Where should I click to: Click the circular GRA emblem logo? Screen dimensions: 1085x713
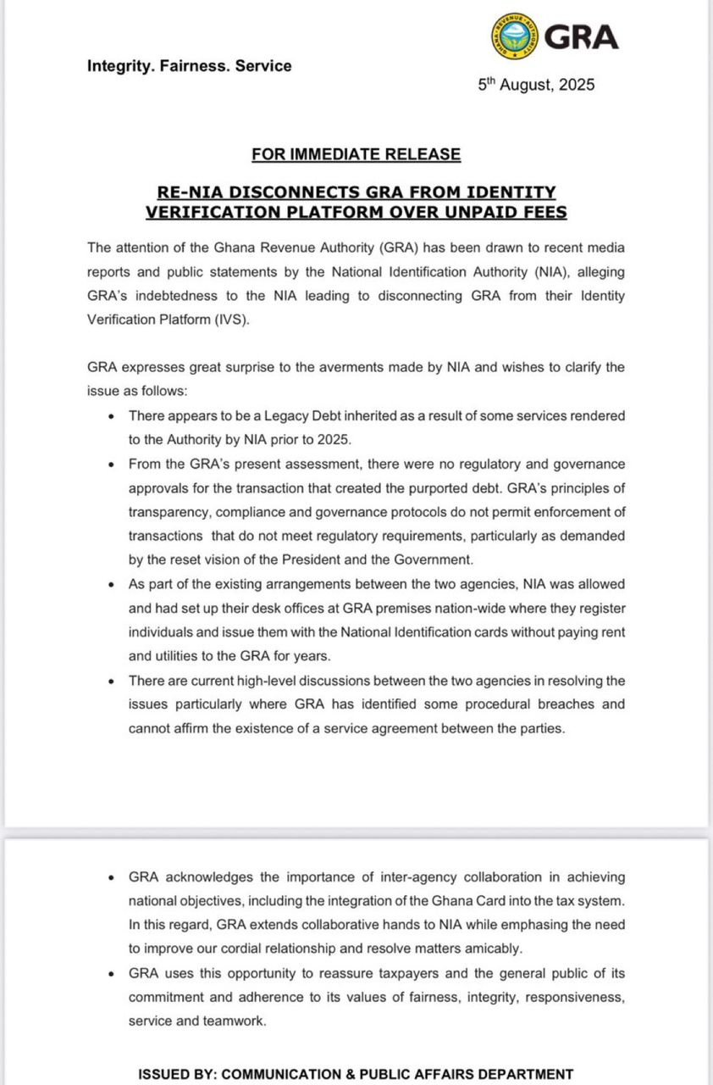coord(514,37)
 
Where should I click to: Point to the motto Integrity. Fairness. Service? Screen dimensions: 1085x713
coord(189,66)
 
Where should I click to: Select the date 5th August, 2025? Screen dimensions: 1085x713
coord(536,85)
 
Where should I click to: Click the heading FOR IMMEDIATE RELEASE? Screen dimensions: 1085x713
coord(356,154)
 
